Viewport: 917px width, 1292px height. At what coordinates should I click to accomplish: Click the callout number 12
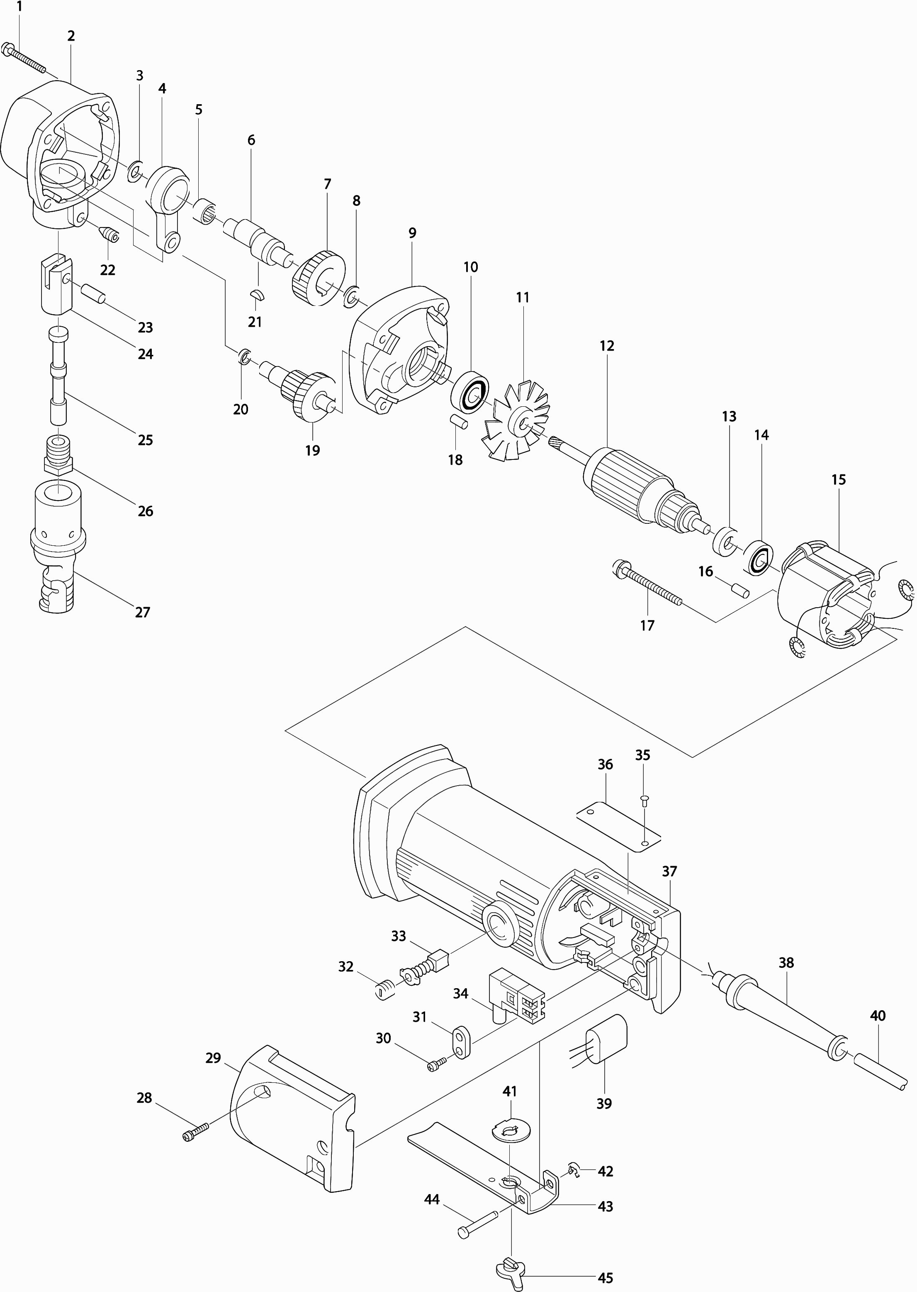tap(606, 346)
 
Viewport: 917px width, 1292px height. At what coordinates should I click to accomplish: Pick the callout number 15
tap(839, 480)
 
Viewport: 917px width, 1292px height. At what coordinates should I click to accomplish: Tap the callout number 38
tap(786, 962)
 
